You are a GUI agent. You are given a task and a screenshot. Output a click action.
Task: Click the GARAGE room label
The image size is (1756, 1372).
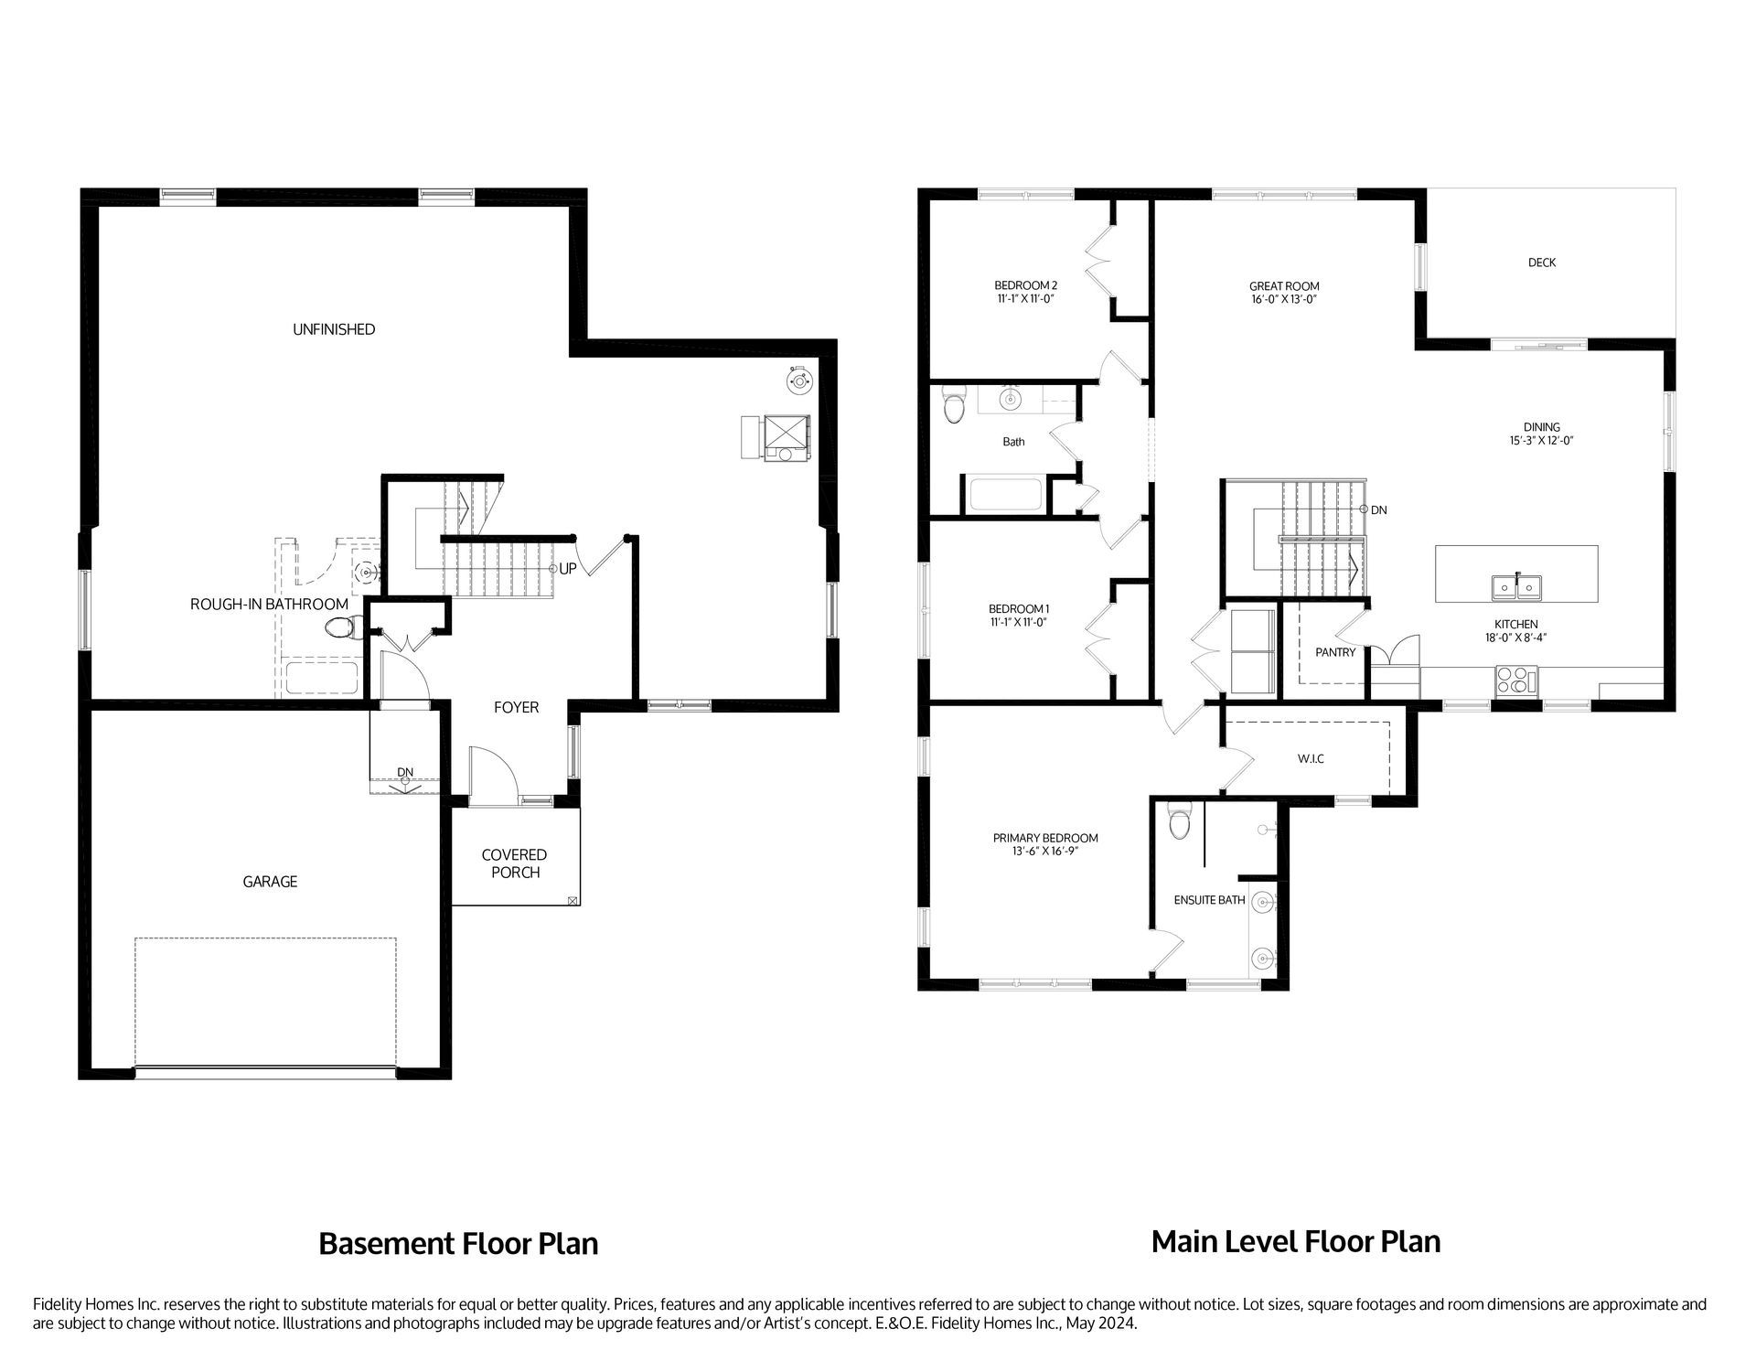[x=270, y=882]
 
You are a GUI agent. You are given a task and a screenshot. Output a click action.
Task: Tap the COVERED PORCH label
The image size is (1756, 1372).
[x=515, y=863]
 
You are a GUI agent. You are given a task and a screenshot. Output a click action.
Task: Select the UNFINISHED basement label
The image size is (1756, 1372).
[x=334, y=329]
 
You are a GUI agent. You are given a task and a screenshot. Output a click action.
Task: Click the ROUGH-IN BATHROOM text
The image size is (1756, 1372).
[x=269, y=605]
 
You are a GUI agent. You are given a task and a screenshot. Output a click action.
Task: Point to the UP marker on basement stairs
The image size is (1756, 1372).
[x=567, y=569]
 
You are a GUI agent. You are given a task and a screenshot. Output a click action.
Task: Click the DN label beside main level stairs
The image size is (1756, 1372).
[x=1378, y=510]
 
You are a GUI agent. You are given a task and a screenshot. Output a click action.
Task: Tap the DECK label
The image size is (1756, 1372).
[x=1541, y=263]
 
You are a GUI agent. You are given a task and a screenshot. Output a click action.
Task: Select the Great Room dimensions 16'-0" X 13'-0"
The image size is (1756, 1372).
[x=1283, y=299]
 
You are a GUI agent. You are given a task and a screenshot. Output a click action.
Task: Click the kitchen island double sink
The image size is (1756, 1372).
[x=1516, y=586]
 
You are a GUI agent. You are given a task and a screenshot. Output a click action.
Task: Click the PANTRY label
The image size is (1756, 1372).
[x=1334, y=652]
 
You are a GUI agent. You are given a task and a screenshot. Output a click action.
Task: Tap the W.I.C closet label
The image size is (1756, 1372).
[x=1310, y=759]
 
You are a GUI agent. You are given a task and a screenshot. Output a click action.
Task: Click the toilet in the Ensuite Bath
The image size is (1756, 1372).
[x=1180, y=822]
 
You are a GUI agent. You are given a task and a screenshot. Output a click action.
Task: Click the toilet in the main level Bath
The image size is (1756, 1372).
[x=954, y=407]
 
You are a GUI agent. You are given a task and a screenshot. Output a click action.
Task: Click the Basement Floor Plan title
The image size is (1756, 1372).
[x=458, y=1244]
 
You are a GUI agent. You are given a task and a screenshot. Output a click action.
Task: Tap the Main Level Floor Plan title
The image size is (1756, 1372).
[x=1295, y=1242]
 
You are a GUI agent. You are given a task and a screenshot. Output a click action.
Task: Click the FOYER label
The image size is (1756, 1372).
[x=516, y=707]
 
